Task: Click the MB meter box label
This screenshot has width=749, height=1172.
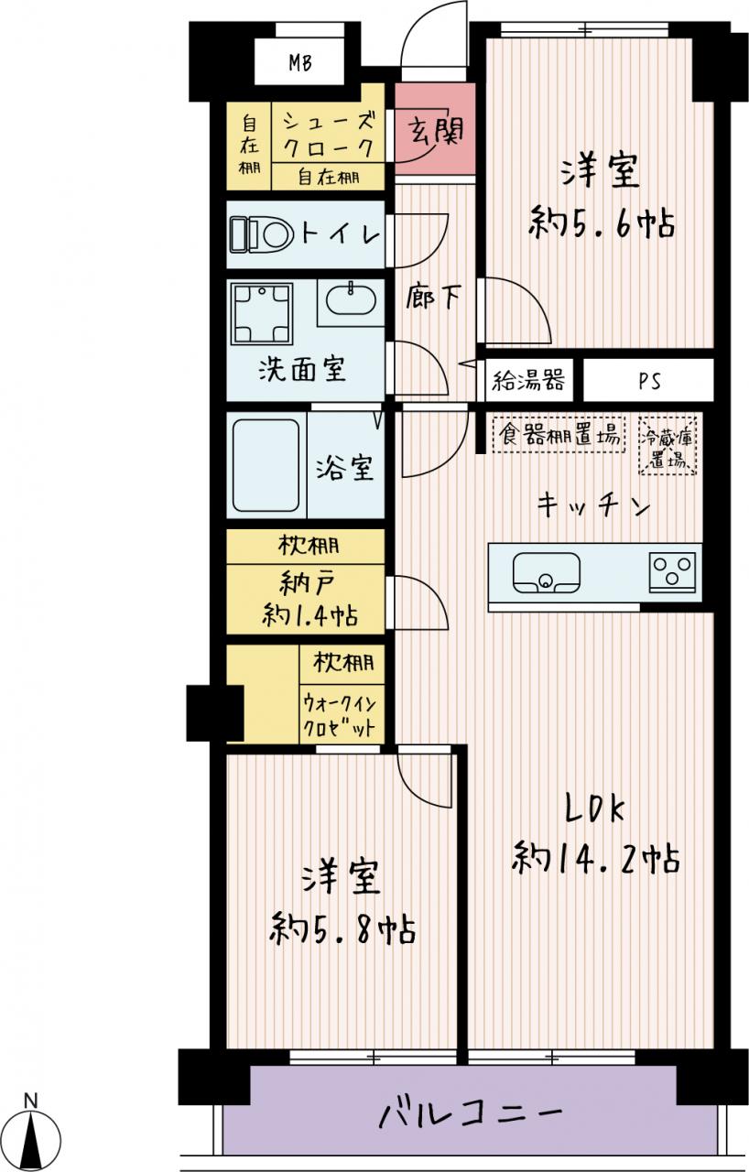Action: [x=300, y=63]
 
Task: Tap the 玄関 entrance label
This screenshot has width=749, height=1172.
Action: [x=436, y=130]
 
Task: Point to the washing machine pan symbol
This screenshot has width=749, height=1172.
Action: [x=262, y=313]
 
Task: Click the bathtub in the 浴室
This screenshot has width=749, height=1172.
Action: [x=266, y=465]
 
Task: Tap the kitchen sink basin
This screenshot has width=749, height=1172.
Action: [x=547, y=573]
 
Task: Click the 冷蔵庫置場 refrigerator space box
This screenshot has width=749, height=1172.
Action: [x=668, y=446]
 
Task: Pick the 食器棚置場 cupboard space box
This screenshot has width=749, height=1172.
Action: [x=559, y=434]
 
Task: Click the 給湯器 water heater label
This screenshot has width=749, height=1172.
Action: [x=529, y=380]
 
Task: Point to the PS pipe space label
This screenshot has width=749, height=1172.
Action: [x=649, y=382]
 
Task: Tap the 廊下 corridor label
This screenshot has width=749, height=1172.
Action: [x=434, y=298]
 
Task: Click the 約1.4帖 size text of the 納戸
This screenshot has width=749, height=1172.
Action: [x=310, y=614]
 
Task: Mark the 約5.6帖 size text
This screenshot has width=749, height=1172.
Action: [x=602, y=222]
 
